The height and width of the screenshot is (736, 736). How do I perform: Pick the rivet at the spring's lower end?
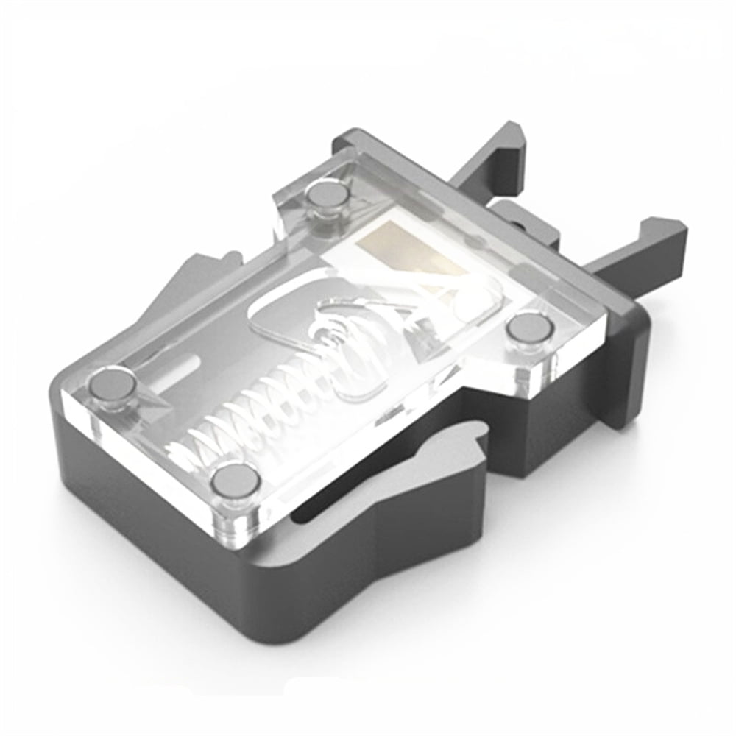point(235,482)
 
